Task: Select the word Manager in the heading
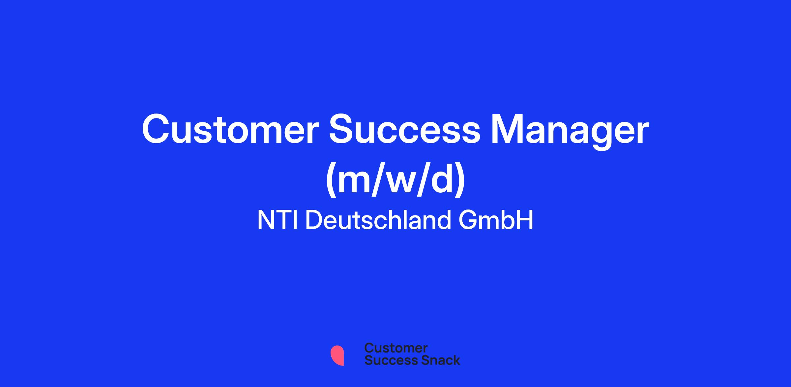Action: click(570, 132)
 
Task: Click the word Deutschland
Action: click(378, 220)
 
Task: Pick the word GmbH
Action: click(496, 220)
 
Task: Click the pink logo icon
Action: click(337, 355)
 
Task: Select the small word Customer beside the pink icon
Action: click(396, 348)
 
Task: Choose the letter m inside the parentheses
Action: click(355, 183)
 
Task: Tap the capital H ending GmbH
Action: click(525, 220)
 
